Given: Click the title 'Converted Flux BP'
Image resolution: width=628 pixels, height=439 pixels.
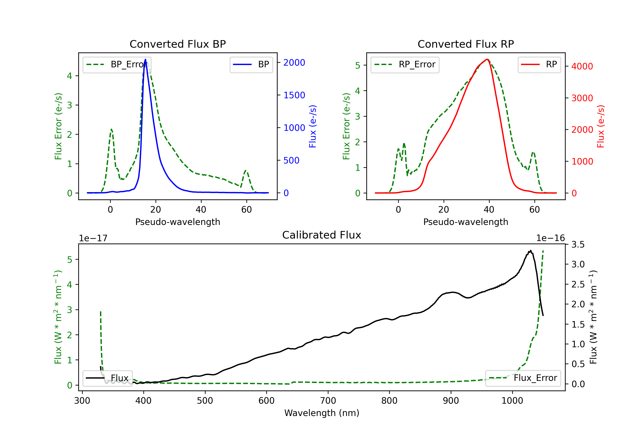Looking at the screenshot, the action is point(178,44).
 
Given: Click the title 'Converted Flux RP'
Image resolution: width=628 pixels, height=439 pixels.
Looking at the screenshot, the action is point(466,44).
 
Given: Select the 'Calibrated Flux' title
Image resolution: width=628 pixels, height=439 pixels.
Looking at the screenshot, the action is point(322,235).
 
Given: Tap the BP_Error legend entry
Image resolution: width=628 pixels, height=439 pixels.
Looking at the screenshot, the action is point(117,64).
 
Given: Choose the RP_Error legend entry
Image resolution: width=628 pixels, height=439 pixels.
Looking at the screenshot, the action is point(405,64).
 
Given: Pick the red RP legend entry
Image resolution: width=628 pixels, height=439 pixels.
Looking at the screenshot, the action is point(539,64).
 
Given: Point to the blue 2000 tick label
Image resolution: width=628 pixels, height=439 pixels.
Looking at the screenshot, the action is point(294,63).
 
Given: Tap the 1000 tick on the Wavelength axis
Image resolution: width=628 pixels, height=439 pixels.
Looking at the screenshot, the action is point(512,401).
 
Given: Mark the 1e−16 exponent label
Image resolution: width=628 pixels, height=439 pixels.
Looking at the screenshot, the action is point(550,238).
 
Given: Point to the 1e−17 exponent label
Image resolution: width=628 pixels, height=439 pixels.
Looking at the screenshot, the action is point(93,238).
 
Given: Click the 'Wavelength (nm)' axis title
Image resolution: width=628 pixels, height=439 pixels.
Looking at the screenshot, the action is point(322,413).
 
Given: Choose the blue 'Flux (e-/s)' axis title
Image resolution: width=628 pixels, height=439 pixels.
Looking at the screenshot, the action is point(313,126).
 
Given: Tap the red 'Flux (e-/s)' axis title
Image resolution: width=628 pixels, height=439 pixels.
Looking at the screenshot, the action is point(601,126).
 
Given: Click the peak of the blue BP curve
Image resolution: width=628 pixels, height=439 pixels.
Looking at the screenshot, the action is point(145,59).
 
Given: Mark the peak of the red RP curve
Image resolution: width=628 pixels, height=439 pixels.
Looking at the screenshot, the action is point(487,59).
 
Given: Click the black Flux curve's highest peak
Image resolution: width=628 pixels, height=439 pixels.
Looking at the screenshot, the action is point(531,250).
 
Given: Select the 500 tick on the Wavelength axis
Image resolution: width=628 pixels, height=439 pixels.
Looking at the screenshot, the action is point(205,401).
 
